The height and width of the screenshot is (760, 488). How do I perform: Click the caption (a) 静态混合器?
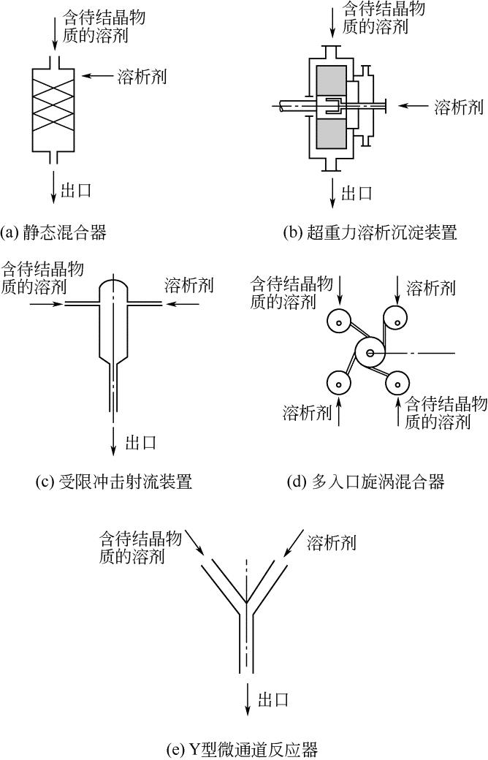[x=54, y=232]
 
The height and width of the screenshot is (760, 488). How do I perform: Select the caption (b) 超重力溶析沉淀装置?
[x=370, y=232]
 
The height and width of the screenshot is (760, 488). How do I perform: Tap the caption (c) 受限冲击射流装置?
[x=115, y=482]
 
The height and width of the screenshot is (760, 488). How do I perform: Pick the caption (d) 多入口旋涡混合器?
[x=366, y=482]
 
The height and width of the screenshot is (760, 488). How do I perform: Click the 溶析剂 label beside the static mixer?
[x=142, y=77]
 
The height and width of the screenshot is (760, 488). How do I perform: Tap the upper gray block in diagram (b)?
[x=331, y=80]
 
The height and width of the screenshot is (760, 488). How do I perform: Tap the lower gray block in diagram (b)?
[x=331, y=133]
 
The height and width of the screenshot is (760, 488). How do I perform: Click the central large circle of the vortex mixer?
[x=370, y=353]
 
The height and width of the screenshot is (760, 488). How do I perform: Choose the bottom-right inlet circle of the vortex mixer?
[x=397, y=384]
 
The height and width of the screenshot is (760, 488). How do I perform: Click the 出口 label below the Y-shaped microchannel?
[x=273, y=699]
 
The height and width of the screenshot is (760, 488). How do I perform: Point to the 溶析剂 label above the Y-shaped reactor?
[x=332, y=542]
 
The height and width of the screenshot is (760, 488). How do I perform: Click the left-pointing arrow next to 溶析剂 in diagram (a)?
[x=97, y=75]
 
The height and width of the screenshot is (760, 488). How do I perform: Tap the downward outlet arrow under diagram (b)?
[x=332, y=194]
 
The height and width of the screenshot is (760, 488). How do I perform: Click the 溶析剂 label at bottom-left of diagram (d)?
[x=308, y=413]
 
